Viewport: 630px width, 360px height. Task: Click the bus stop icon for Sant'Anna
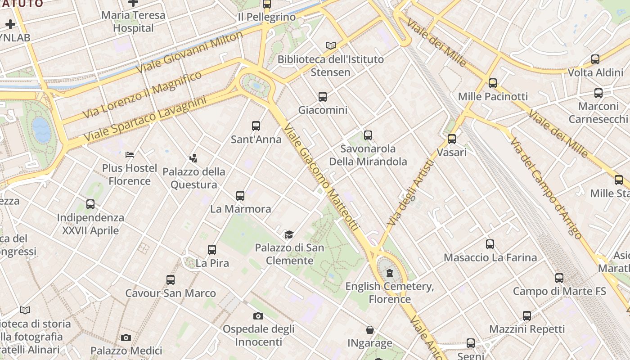tap(256, 126)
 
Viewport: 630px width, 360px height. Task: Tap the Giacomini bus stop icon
tap(323, 96)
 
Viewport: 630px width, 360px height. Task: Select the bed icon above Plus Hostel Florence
tap(130, 155)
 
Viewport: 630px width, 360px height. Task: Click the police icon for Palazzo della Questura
tap(193, 158)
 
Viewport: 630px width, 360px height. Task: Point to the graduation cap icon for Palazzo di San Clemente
tap(289, 234)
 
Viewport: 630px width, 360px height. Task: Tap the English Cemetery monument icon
tap(390, 273)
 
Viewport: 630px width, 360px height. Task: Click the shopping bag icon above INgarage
tap(369, 330)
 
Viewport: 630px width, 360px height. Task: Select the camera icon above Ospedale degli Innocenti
tap(258, 316)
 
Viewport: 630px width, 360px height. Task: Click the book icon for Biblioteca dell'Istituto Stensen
tap(331, 45)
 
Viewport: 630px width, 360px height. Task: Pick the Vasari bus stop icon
tap(452, 139)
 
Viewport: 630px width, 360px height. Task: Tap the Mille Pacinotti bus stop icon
tap(493, 83)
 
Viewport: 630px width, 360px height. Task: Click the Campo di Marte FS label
tap(559, 291)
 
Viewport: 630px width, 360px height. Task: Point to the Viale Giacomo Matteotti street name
tap(321, 177)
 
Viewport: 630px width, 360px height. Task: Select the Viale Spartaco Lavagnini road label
tap(145, 117)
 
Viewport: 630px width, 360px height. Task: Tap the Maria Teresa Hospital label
tap(133, 22)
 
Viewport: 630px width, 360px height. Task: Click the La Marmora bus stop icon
tap(240, 196)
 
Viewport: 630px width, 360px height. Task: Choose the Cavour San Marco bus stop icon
tap(171, 280)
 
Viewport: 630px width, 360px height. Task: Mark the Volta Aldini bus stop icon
tap(595, 59)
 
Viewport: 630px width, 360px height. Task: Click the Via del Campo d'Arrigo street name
tap(545, 188)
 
